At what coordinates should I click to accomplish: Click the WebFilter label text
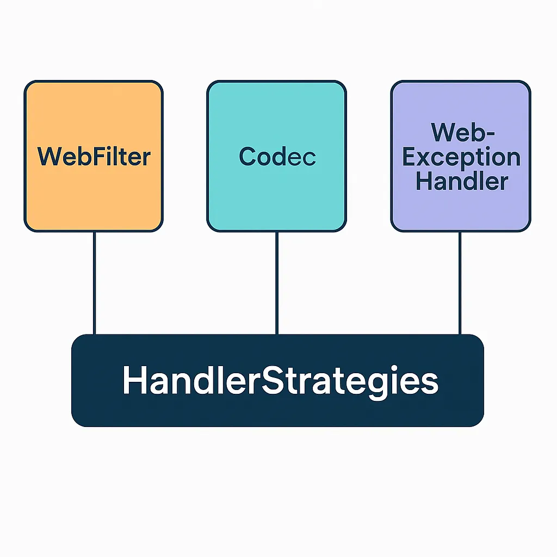(x=94, y=156)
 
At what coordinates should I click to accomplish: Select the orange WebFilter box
(x=94, y=156)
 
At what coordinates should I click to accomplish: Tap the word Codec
(x=277, y=156)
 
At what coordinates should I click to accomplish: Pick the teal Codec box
(x=277, y=156)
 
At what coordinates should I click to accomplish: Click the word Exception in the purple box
(x=461, y=158)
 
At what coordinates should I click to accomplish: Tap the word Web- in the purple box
(x=462, y=132)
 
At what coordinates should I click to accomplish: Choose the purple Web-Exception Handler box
(x=461, y=156)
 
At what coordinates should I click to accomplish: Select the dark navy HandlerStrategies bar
(x=278, y=380)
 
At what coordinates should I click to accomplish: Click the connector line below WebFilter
(x=95, y=283)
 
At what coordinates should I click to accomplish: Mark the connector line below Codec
(x=277, y=283)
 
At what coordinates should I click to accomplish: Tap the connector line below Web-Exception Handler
(x=460, y=283)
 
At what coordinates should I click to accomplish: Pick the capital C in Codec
(x=247, y=156)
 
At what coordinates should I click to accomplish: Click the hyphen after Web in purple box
(x=490, y=134)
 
